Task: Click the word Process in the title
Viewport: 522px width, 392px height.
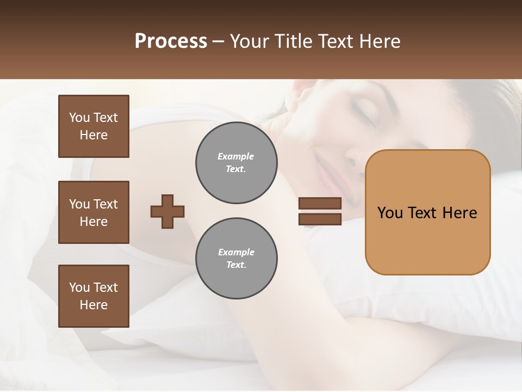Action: coord(171,41)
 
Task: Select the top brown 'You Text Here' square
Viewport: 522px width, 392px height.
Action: coord(94,126)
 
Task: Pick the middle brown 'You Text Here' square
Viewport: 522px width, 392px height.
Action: coord(94,212)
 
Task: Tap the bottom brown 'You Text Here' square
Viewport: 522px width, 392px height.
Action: coord(94,296)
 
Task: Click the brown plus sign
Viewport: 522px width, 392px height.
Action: coord(167,211)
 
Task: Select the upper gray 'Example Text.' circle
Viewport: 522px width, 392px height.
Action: coord(236,163)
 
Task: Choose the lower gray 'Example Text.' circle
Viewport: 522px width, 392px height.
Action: coord(236,259)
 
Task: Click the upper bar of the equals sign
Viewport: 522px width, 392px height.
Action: coord(320,203)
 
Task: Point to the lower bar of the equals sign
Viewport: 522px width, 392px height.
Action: coord(320,219)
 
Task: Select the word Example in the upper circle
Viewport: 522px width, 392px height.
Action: coord(236,156)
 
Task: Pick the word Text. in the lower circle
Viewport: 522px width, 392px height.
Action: coord(236,265)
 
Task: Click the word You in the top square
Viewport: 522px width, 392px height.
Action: coord(79,118)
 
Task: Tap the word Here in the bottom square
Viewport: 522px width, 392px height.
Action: coord(94,305)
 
